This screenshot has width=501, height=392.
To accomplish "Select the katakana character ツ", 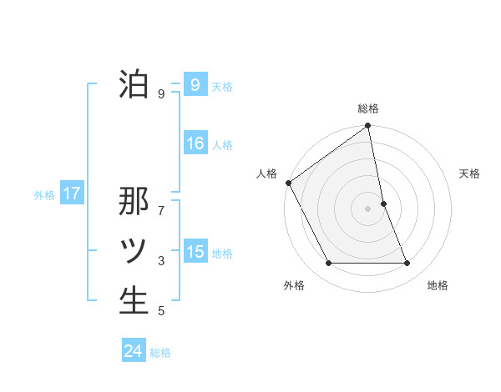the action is point(134,251).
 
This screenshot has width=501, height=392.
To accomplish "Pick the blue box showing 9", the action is point(195,84).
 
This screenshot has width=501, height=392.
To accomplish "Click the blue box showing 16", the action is point(195,143).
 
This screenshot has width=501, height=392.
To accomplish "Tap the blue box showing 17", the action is point(71,194).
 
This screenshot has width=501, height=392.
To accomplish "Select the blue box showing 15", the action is point(195,251).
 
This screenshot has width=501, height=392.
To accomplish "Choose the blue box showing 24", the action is point(133,351).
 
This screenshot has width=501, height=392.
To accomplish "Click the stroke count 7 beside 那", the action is point(161,201).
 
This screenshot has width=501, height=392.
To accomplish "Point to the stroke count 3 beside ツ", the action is point(161,261).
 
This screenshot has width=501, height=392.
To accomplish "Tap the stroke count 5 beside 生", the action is point(161,311).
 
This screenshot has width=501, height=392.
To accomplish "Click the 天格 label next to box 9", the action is point(222,86).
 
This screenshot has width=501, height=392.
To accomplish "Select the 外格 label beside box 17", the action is point(44,195).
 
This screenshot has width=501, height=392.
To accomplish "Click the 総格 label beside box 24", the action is point(160,353).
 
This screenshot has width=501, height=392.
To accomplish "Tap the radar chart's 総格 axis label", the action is point(368,108).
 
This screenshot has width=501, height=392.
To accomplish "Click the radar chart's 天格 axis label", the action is point(470,173).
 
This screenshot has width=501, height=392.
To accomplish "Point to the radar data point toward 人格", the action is point(289,183).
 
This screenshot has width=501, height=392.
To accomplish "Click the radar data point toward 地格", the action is point(407,264).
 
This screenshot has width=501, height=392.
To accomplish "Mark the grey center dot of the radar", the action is point(368,209).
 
